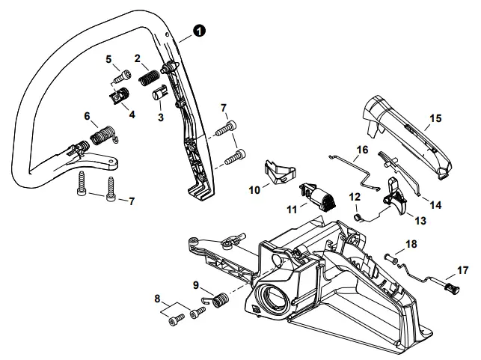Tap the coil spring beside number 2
point(149,76)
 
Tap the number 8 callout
point(158,299)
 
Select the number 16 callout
point(363,150)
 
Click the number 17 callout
point(463,270)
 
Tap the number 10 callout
point(254,191)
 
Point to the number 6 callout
point(87,116)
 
